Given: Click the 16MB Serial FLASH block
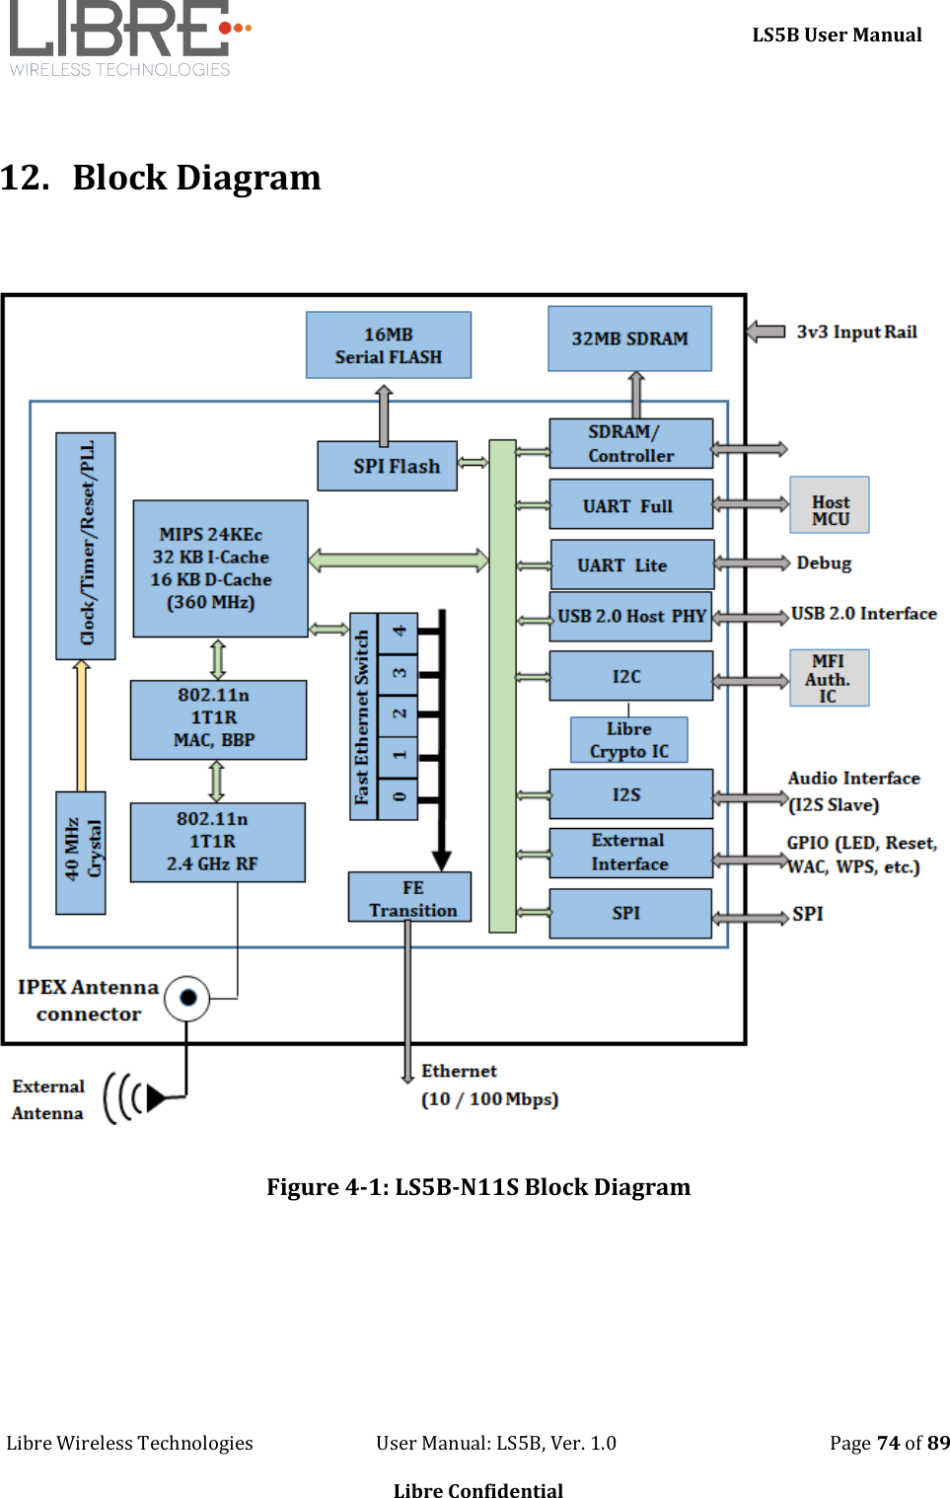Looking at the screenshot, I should [388, 345].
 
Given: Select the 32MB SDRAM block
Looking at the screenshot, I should [629, 338].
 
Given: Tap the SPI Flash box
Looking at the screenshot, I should [387, 466].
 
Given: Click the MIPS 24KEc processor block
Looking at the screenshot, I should [220, 568].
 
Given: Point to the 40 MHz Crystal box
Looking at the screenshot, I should [81, 853].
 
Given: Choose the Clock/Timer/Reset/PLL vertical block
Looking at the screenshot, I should [86, 545].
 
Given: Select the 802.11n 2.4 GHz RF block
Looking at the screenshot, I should [217, 842].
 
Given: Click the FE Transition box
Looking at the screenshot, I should [409, 897].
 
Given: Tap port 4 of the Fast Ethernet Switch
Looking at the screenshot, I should [399, 632].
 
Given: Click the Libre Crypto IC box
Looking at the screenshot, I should [628, 740].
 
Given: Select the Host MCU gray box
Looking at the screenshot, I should [830, 505].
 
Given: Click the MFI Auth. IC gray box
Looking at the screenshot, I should [829, 678].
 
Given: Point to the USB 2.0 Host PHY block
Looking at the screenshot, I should [630, 617].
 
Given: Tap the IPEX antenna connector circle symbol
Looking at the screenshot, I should [187, 998].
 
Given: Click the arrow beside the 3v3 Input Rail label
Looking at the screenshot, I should [766, 332].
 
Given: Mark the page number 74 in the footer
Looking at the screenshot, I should [888, 1443].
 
